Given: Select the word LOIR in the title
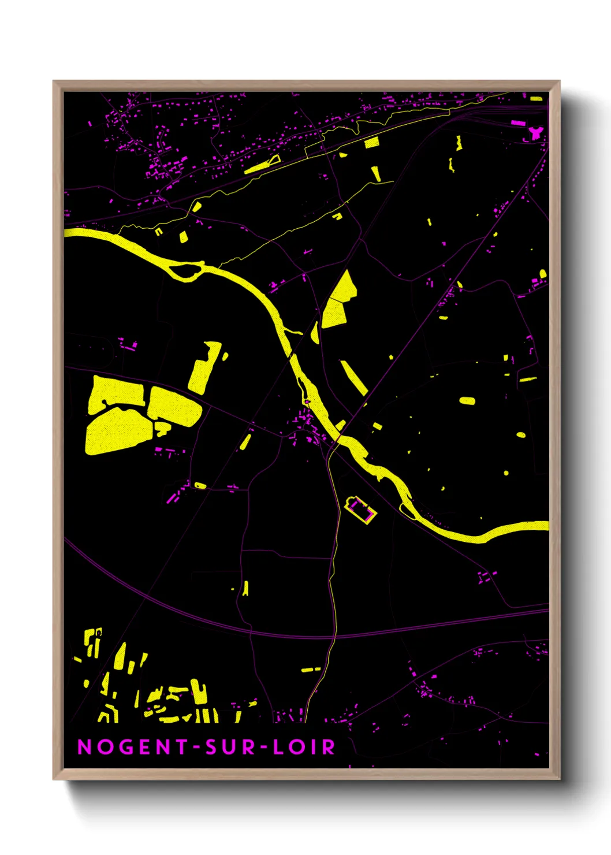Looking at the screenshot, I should pos(304,747).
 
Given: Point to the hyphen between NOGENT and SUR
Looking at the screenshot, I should pos(197,748).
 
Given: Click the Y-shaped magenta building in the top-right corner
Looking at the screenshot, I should pos(535,133).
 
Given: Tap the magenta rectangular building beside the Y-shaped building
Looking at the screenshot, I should pos(518,122).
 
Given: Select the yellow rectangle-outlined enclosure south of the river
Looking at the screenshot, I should pos(360,509).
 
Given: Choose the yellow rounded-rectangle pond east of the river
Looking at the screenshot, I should pos(467,400).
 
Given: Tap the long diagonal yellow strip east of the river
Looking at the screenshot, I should pos(354,378).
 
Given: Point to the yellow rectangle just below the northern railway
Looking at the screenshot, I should pos(371,142).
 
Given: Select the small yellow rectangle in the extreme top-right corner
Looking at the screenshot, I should pos(537,99).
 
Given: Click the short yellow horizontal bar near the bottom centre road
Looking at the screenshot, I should pos(311,670).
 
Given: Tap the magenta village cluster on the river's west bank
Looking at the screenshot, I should pos(303,425).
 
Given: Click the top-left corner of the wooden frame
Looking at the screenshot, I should pos(54,82).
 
